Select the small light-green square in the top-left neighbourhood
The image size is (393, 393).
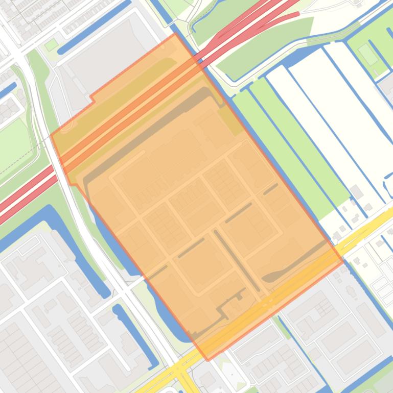click(51, 45)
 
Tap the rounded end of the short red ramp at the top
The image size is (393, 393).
click(296, 15)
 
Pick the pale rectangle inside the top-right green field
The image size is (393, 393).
click(368, 54)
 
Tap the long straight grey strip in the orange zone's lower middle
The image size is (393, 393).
click(237, 260)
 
